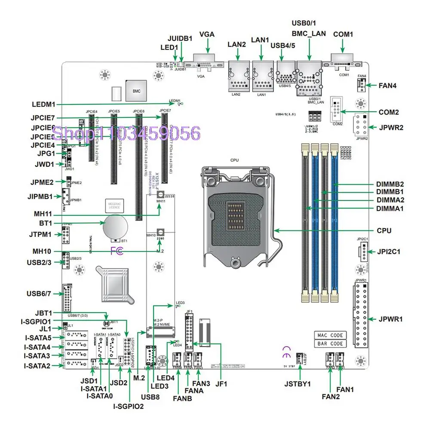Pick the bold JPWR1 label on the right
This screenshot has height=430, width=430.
point(390,319)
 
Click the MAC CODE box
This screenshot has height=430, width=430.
point(330,335)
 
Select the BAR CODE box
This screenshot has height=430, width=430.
point(330,344)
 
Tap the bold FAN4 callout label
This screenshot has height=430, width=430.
point(387,86)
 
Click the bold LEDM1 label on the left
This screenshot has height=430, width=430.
point(45,104)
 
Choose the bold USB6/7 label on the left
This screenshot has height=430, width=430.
point(39,294)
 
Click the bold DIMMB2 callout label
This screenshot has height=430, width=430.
point(389,184)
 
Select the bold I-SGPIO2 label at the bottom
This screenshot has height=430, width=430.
point(129,406)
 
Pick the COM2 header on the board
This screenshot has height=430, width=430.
point(336,110)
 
